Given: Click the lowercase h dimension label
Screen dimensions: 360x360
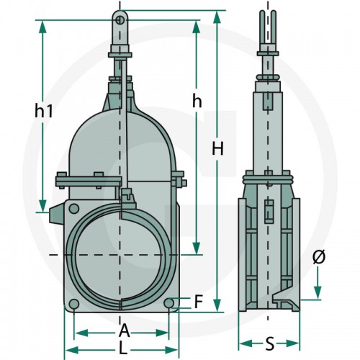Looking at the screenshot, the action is pos(197,102).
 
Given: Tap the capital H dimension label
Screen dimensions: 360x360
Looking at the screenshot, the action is pos(217,148).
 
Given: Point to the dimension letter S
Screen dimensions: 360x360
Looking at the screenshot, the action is pos(270,343).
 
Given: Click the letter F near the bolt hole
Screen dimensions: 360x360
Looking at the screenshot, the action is pos(199,302).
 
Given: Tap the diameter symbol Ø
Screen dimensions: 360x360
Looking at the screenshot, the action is pos(319,257).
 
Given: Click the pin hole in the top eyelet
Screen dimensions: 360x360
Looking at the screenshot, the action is pos(120,20).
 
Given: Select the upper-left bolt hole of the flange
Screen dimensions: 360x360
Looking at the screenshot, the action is pos(74,209).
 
